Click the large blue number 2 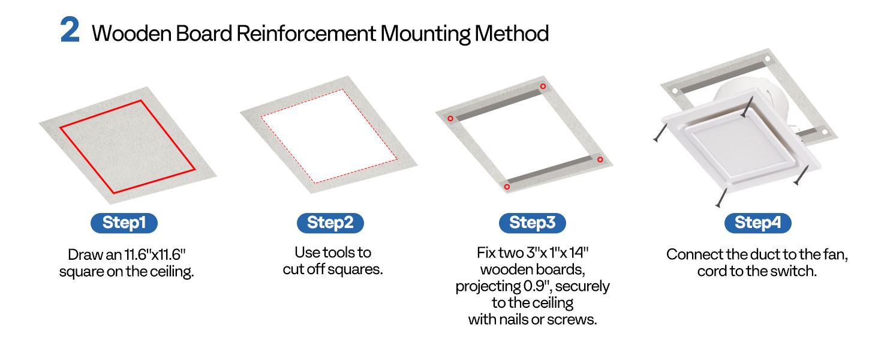point(70,30)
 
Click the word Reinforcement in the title point(306,34)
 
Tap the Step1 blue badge point(124,223)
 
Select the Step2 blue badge point(330,223)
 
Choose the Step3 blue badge point(533,223)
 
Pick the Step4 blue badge point(757,223)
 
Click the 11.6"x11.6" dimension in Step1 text point(155,254)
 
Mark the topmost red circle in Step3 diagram point(543,86)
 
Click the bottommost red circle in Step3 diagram point(507,187)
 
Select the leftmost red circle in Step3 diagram point(450,118)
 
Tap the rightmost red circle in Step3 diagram point(600,159)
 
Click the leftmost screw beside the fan point(660,133)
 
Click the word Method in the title point(512,34)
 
